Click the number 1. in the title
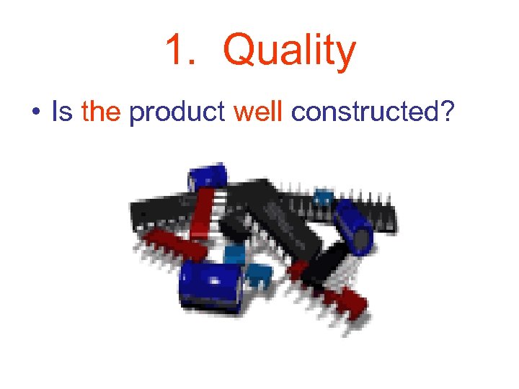[179, 51]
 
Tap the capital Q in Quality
[239, 50]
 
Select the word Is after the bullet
[62, 112]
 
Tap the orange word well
[258, 112]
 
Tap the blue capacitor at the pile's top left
[207, 176]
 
